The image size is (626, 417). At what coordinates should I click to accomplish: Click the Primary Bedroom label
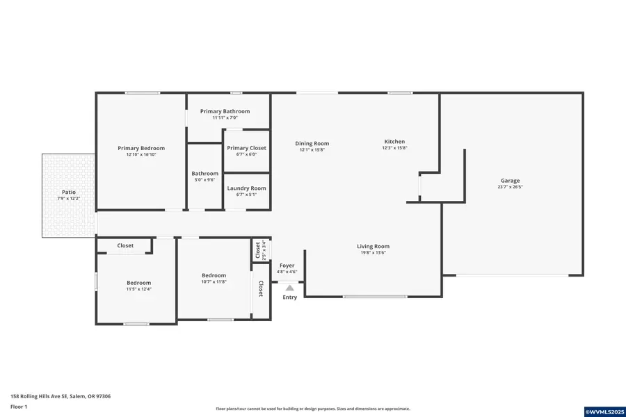(x=141, y=148)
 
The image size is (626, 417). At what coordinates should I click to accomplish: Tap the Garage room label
(x=510, y=181)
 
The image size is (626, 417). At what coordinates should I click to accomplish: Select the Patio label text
(x=68, y=193)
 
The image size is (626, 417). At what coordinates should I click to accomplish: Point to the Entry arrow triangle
(x=290, y=286)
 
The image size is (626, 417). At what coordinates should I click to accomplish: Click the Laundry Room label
(x=246, y=188)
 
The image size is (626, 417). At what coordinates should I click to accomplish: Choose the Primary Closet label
(x=246, y=148)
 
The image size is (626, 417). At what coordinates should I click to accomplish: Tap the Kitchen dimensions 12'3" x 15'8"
(x=394, y=148)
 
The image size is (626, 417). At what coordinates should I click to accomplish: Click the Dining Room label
(x=312, y=144)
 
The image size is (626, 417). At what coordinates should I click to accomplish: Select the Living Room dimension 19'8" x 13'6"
(x=373, y=253)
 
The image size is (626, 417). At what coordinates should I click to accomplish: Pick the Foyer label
(x=287, y=265)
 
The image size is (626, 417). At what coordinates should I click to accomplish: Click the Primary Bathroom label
(x=225, y=111)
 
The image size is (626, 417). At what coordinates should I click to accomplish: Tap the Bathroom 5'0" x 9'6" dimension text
(x=205, y=180)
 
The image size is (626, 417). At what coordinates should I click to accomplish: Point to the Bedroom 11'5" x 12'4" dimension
(x=138, y=289)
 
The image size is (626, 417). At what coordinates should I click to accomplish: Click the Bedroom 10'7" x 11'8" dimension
(x=214, y=282)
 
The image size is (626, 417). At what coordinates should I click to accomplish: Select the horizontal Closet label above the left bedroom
(x=125, y=245)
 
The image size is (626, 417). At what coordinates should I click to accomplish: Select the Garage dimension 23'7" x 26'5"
(x=510, y=187)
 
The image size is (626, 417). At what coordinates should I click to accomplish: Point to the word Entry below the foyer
(x=290, y=297)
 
